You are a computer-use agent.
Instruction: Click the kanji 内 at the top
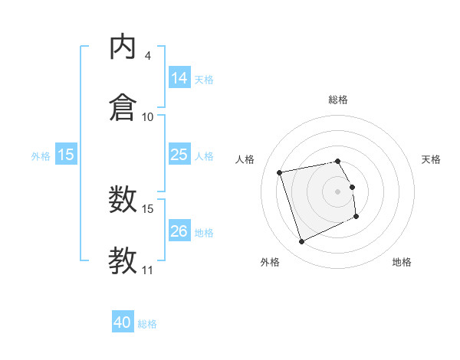tap(123, 47)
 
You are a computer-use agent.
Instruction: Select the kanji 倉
tap(123, 107)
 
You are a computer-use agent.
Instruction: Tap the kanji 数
tap(123, 201)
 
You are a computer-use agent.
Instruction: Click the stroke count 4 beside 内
tap(147, 56)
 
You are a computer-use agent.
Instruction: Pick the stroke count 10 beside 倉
tap(148, 117)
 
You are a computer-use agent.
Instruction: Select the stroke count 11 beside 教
tap(148, 270)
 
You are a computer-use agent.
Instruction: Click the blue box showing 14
tap(179, 78)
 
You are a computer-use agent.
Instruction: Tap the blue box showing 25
tap(179, 155)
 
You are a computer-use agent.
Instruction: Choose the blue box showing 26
tap(179, 231)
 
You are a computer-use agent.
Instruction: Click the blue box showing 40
tap(123, 322)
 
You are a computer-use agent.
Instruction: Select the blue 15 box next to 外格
tap(66, 155)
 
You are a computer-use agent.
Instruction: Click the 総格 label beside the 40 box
tap(147, 324)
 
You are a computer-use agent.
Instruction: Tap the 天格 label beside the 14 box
tap(204, 79)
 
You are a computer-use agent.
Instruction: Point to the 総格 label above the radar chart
tap(338, 100)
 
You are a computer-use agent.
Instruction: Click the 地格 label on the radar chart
tap(402, 262)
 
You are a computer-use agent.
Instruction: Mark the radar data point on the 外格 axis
tap(301, 242)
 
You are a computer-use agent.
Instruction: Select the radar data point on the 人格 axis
tap(280, 172)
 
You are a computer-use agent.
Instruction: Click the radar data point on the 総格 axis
tap(338, 161)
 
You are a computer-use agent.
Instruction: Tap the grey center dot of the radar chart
tap(338, 191)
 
